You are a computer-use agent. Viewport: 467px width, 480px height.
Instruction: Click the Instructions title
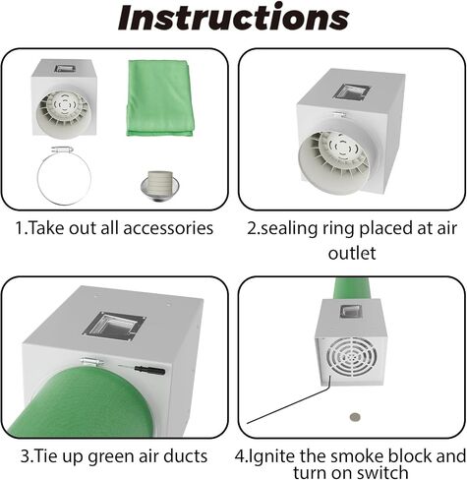coord(233,18)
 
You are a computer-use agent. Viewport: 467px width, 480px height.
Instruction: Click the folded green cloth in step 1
coord(159,98)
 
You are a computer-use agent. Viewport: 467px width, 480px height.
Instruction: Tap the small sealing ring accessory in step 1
coord(160,186)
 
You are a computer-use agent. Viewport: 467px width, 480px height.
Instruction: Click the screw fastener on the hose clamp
coord(62,150)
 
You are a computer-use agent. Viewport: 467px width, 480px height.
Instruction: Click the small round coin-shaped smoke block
coord(355,417)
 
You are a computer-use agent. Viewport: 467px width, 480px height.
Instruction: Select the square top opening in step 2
coord(351,92)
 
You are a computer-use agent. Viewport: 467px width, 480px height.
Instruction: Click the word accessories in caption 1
coord(168,228)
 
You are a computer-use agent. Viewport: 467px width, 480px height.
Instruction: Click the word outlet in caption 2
coord(352,254)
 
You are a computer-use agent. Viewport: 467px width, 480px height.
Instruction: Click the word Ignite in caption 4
coord(270,456)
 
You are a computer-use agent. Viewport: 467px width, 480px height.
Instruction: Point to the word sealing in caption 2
coord(288,229)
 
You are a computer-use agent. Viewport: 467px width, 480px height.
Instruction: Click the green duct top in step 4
coord(351,288)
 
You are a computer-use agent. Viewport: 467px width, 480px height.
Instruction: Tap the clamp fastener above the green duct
coord(92,362)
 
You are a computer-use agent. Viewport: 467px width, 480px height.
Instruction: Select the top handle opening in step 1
coord(65,69)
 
